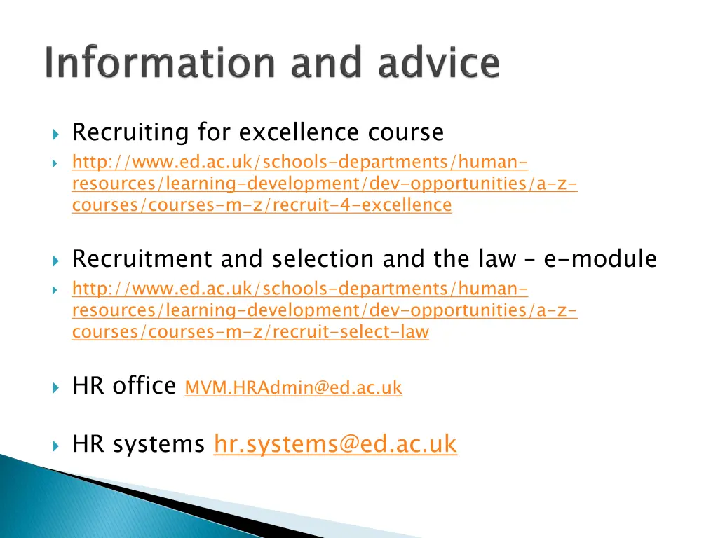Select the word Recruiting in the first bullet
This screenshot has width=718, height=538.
tap(131, 132)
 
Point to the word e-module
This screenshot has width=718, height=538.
tap(600, 259)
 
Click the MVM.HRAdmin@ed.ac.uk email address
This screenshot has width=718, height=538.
tap(293, 387)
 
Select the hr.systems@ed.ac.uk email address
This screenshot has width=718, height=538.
tap(335, 444)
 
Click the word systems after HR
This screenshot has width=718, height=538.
tap(160, 444)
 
